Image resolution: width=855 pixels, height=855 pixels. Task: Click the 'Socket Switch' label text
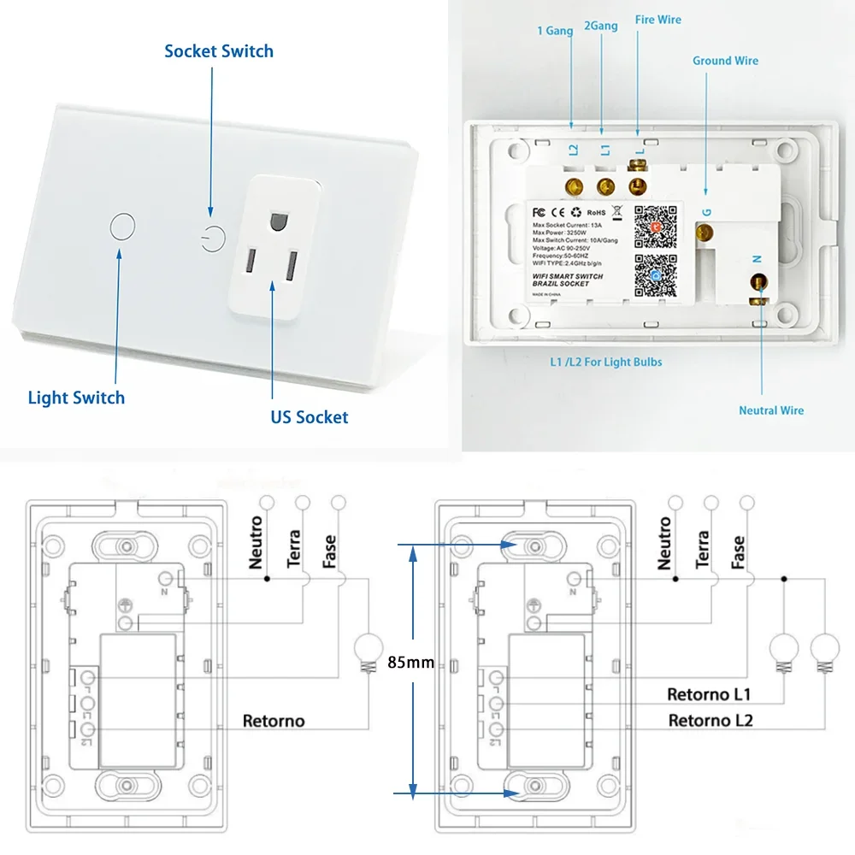pyautogui.click(x=219, y=51)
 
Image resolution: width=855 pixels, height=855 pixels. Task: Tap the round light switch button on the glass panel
pyautogui.click(x=123, y=227)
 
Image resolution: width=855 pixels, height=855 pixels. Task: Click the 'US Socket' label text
pyautogui.click(x=310, y=417)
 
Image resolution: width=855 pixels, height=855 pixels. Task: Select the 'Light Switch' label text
pyautogui.click(x=76, y=398)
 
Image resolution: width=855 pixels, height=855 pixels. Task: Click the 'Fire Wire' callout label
pyautogui.click(x=657, y=20)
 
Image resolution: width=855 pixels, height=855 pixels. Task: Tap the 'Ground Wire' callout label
pyautogui.click(x=725, y=61)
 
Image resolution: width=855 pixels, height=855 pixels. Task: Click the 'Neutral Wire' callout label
pyautogui.click(x=771, y=410)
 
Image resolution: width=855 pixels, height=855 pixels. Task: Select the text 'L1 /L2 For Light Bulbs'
pyautogui.click(x=605, y=362)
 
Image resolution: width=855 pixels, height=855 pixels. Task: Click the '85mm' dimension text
pyautogui.click(x=410, y=662)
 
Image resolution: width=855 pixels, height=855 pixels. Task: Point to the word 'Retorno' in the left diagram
pyautogui.click(x=274, y=721)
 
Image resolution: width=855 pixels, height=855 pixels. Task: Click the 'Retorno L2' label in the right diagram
pyautogui.click(x=711, y=720)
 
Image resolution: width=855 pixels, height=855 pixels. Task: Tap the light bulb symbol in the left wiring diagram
pyautogui.click(x=370, y=648)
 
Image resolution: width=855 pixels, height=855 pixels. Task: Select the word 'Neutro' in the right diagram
pyautogui.click(x=665, y=544)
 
